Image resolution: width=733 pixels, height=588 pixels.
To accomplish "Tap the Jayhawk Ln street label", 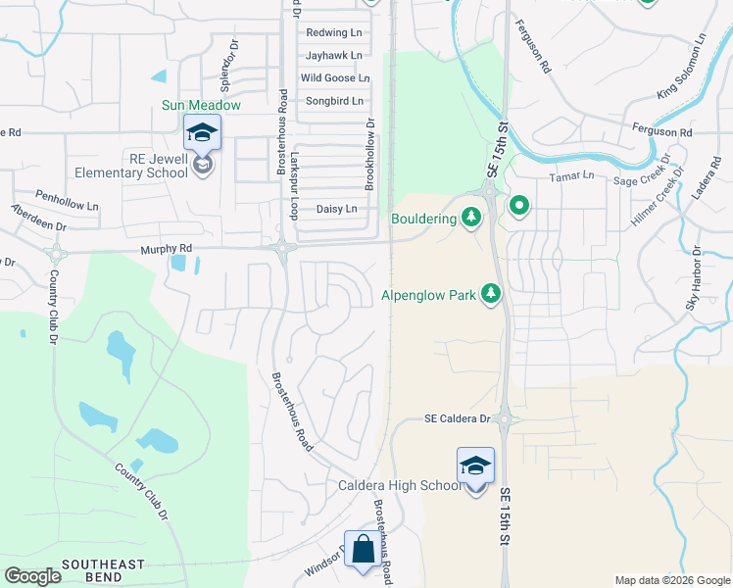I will pos(333,56).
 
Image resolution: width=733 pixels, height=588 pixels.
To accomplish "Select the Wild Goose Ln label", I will pos(335,78).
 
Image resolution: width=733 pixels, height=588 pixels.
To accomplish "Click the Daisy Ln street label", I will pos(336,209).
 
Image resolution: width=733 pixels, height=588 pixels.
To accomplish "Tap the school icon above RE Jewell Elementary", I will pos(203,132).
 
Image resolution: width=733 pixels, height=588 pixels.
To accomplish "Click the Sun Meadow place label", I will pos(202,105).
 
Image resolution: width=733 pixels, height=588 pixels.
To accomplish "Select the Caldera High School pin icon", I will pos(475,465).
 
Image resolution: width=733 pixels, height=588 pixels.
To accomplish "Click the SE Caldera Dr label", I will pos(457,418).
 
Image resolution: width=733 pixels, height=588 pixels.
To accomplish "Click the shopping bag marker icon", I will pos(363,549).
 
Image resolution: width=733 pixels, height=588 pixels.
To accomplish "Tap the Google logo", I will pos(32,576).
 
